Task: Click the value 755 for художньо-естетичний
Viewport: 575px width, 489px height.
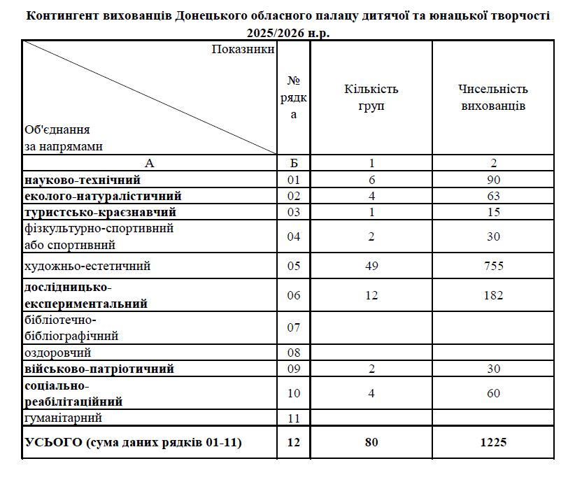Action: coord(494,266)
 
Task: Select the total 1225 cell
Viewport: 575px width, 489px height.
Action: coord(494,442)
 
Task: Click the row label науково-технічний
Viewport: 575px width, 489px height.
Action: coord(83,180)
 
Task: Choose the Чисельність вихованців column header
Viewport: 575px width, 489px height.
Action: coord(494,98)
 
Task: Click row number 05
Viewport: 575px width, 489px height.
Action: coord(294,266)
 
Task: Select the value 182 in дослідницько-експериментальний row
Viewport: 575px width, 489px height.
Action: coord(494,295)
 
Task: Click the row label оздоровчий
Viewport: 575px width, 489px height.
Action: coord(57,353)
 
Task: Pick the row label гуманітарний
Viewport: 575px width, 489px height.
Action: coord(63,418)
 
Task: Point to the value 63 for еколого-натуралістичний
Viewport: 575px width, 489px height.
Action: coord(494,195)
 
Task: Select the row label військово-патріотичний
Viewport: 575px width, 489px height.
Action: coord(99,369)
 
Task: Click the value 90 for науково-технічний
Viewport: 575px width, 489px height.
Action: coord(494,180)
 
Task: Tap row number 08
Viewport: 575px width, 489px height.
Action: coord(294,353)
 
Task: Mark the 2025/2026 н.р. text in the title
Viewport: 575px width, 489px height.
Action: coord(287,32)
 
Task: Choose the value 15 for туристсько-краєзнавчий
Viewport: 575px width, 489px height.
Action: coord(494,211)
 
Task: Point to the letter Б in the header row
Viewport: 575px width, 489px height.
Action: coord(294,163)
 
